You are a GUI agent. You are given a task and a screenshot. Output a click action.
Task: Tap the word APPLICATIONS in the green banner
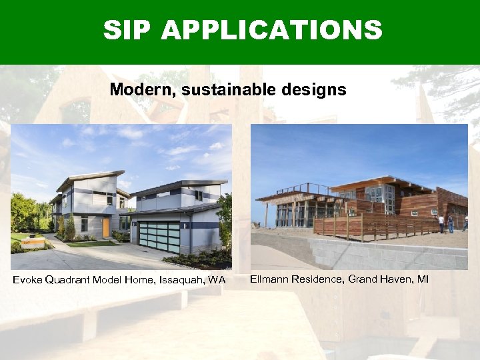pos(272,30)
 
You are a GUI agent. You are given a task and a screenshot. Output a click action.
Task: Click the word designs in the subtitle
pos(316,89)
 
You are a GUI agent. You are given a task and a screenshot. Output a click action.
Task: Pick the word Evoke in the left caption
pos(27,280)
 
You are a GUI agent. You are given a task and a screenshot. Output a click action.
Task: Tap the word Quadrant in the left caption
pos(69,280)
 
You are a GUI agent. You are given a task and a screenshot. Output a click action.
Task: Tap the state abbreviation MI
pos(423,279)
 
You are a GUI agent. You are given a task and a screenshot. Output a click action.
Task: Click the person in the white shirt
pos(441,224)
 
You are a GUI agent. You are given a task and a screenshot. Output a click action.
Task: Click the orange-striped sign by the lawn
pos(31,242)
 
